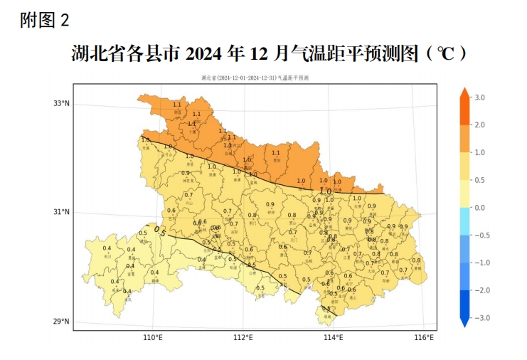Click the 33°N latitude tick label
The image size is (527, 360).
(x=63, y=104)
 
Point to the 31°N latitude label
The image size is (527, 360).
(x=63, y=212)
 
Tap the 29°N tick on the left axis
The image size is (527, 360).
(x=63, y=322)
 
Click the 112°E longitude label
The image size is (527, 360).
(x=243, y=337)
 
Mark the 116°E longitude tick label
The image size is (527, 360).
(x=424, y=337)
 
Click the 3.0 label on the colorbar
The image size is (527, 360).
(x=480, y=97)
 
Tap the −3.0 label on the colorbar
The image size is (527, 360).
(x=481, y=317)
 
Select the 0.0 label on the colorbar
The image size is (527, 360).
(x=480, y=207)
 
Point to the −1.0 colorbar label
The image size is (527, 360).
(x=481, y=263)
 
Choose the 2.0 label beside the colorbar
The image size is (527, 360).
(x=480, y=125)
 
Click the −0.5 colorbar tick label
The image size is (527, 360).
(x=481, y=235)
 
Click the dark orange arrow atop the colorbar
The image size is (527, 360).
(x=463, y=92)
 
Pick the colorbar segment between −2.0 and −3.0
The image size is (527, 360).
(x=463, y=304)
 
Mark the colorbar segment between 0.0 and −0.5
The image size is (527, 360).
(x=463, y=221)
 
